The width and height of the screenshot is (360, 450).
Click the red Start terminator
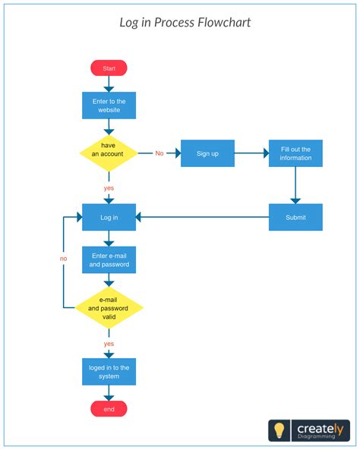click(x=109, y=68)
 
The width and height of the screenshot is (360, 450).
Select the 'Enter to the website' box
click(x=109, y=105)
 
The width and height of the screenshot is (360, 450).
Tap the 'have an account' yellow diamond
click(x=109, y=153)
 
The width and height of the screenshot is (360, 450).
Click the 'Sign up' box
click(x=207, y=153)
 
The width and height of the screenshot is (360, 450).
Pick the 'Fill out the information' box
click(x=295, y=153)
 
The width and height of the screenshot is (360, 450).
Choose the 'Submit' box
click(x=295, y=217)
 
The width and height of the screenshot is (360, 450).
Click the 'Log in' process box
click(x=109, y=217)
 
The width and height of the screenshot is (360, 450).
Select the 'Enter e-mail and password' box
click(x=109, y=260)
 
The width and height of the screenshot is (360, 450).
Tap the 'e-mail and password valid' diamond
click(x=109, y=309)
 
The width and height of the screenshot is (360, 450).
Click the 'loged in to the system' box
click(x=109, y=372)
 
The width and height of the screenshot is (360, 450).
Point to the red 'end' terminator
click(x=109, y=409)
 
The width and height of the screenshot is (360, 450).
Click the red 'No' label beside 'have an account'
click(x=159, y=154)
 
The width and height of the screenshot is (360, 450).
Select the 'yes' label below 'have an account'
click(x=109, y=187)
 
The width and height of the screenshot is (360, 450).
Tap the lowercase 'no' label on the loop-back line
click(x=63, y=259)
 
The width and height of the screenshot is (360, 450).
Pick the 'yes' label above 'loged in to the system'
click(x=109, y=344)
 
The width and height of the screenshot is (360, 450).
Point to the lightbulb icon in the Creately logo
click(x=279, y=430)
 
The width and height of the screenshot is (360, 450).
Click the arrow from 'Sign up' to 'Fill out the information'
click(x=251, y=153)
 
